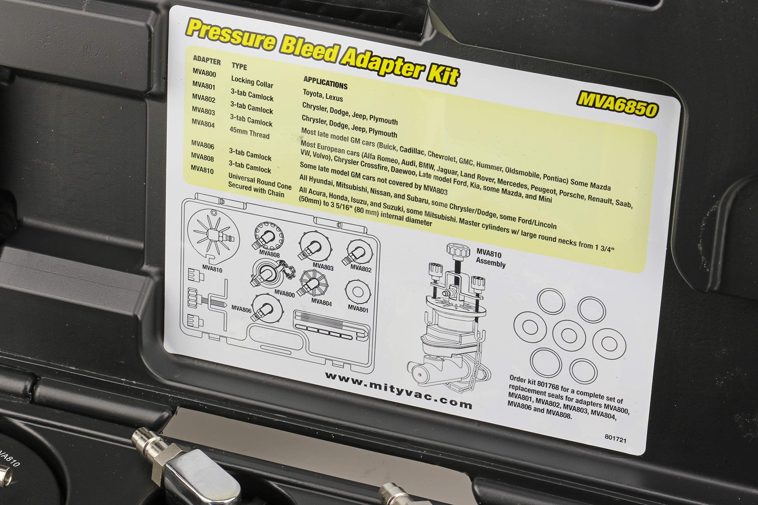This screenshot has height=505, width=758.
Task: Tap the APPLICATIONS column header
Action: (325, 83)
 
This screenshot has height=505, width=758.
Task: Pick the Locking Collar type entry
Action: (252, 82)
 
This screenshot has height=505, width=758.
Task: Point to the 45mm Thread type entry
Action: (249, 133)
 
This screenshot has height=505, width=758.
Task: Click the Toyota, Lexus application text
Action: (323, 96)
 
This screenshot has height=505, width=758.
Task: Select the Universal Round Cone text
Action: (260, 182)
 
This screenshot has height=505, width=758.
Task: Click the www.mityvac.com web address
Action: (399, 390)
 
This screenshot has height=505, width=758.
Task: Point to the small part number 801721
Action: (615, 438)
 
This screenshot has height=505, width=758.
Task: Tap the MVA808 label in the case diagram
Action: (269, 254)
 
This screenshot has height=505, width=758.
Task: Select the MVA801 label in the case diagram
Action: (358, 309)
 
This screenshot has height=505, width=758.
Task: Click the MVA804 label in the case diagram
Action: (321, 302)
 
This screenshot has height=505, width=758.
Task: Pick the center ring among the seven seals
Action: (569, 335)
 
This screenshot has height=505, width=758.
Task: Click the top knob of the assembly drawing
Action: (458, 250)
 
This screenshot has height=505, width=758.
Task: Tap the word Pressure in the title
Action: (231, 34)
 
